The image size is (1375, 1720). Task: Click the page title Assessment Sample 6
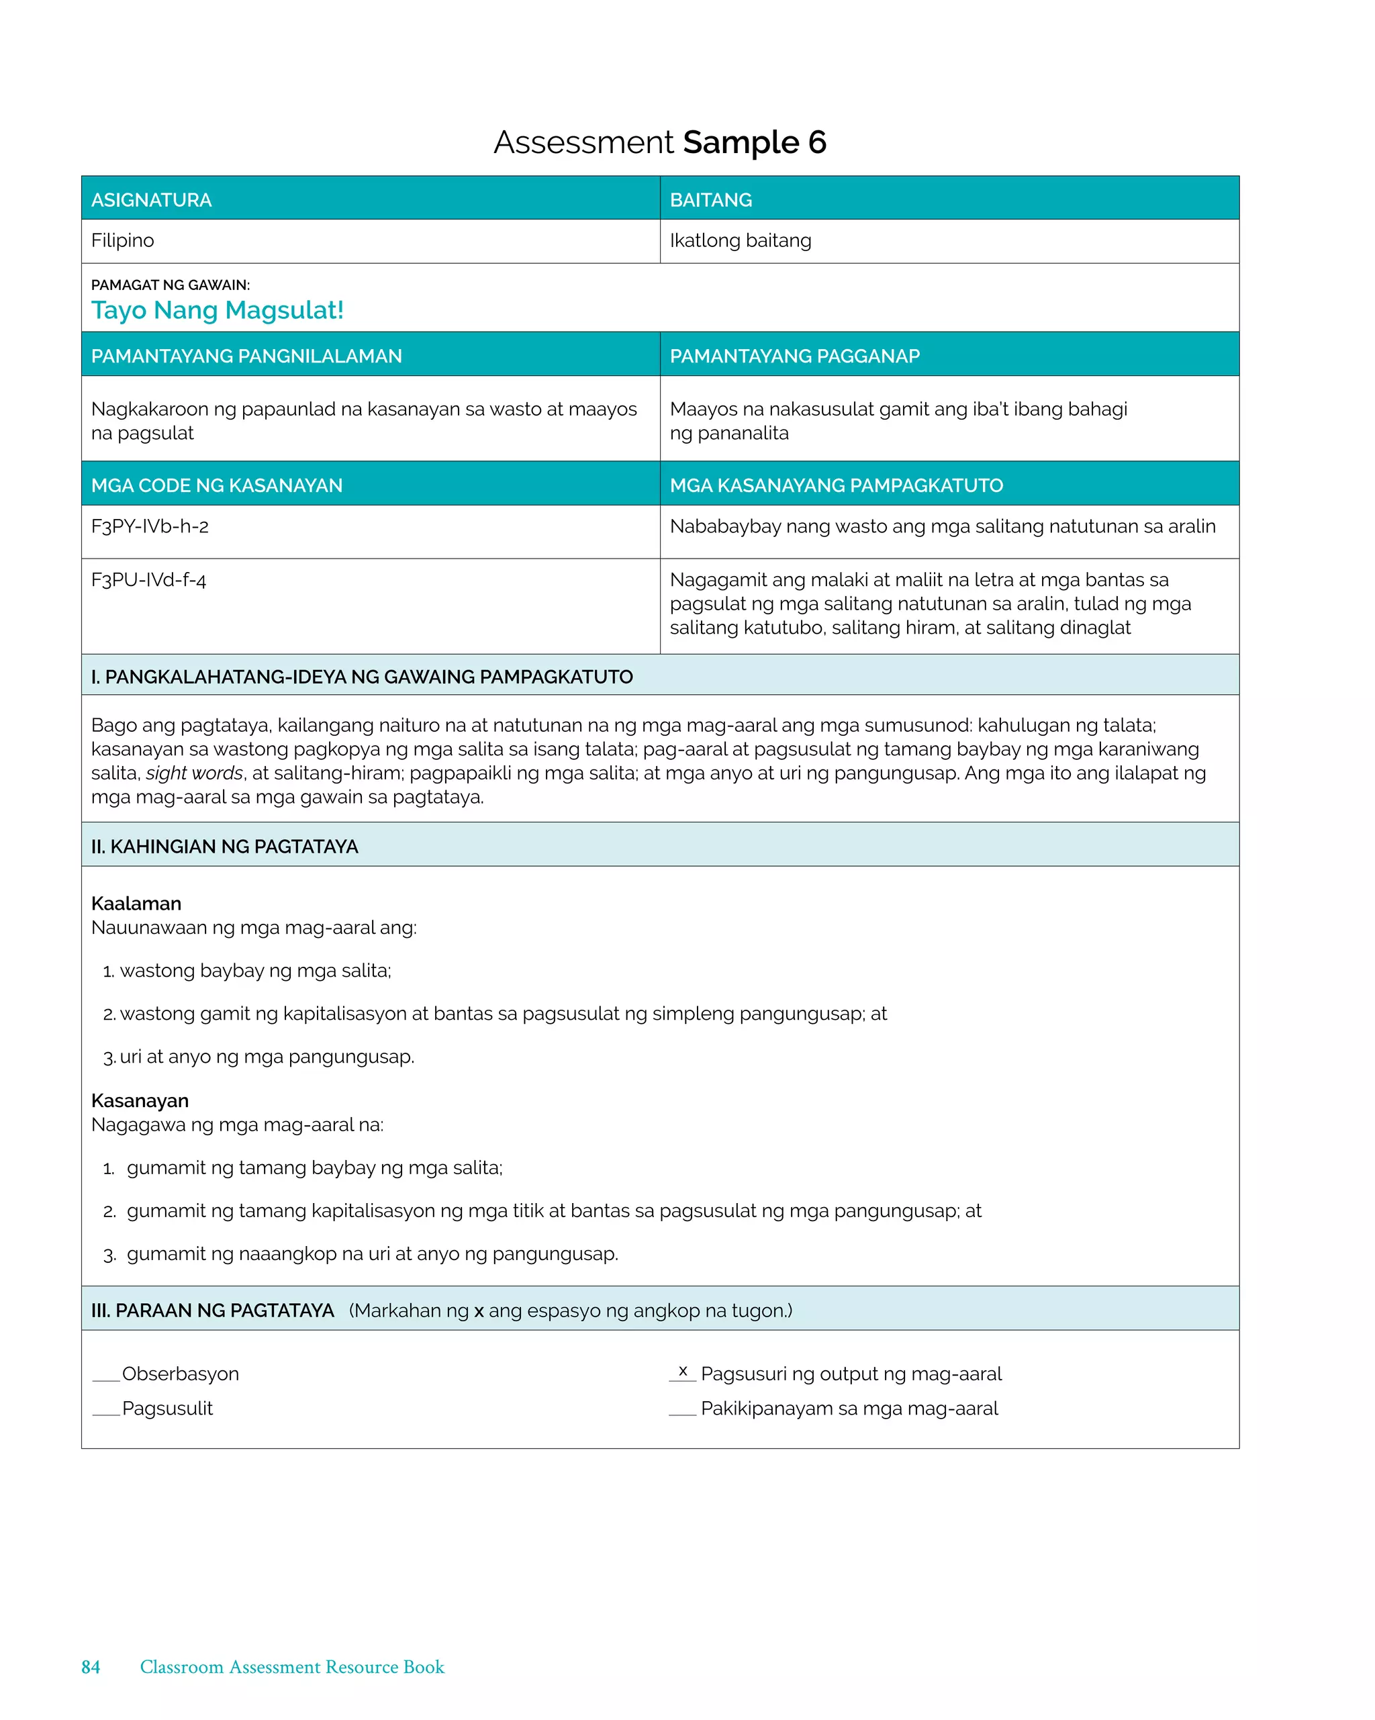[x=659, y=143]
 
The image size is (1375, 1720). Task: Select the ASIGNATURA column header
[x=151, y=199]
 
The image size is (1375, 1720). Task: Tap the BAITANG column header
[x=710, y=199]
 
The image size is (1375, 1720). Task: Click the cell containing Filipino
[x=122, y=240]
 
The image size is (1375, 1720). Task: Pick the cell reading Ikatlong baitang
[x=740, y=240]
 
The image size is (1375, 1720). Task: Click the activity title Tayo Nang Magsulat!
[x=217, y=309]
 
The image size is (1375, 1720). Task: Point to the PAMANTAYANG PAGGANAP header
[x=794, y=356]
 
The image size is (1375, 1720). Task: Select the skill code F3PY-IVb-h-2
[x=149, y=526]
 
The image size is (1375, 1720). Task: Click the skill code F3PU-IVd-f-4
[x=148, y=580]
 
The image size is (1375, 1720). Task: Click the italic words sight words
[x=194, y=773]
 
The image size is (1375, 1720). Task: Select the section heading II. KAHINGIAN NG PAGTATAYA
[x=224, y=847]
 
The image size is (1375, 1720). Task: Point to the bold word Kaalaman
[x=136, y=903]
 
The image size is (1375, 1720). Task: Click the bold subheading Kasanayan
[x=140, y=1100]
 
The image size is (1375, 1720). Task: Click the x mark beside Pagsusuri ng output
[x=682, y=1372]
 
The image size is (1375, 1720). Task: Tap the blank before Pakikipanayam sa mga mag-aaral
[x=682, y=1410]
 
